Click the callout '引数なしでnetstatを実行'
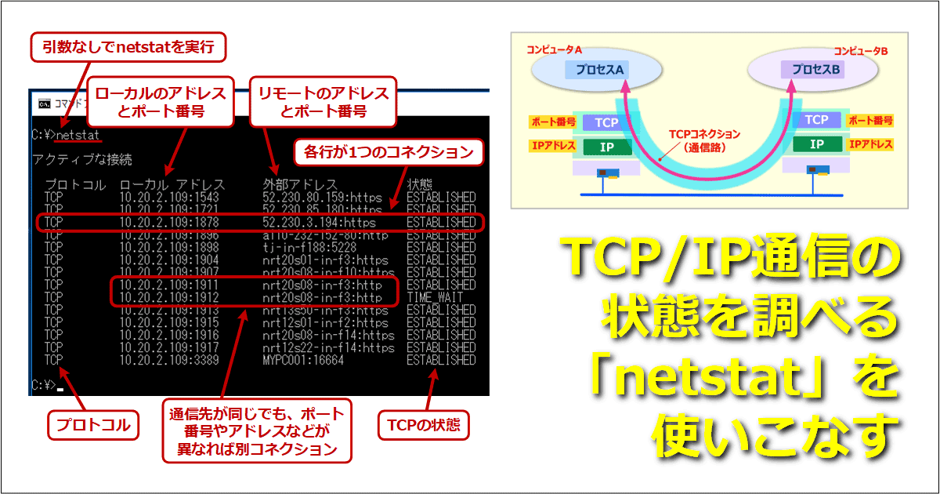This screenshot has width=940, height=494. point(128,48)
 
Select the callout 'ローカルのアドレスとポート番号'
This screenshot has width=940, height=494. point(161,102)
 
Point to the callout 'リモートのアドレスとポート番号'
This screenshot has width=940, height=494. point(324,102)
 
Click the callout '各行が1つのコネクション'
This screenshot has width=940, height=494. point(388,152)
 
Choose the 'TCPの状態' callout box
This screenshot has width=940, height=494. point(423,426)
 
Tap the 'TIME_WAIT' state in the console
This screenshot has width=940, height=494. point(434,298)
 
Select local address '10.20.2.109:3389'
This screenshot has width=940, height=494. point(169,360)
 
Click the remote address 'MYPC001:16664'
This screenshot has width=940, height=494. point(304,360)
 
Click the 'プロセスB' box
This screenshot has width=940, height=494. point(815,70)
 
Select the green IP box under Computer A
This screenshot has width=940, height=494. point(606,145)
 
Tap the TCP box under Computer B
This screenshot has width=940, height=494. point(816,120)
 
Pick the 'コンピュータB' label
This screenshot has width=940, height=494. point(860,50)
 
